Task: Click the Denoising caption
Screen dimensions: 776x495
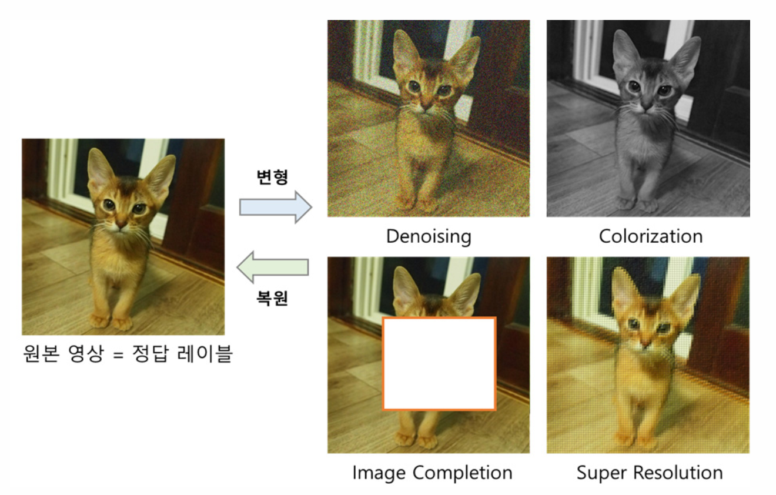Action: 429,236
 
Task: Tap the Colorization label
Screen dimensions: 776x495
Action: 651,236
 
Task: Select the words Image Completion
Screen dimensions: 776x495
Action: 432,473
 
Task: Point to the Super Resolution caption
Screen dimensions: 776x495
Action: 650,473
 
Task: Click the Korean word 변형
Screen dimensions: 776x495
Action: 272,177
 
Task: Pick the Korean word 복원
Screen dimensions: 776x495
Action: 272,297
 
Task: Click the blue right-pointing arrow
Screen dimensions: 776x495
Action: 276,207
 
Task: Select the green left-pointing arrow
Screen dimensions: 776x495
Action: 273,267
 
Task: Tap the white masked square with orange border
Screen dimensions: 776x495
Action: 439,364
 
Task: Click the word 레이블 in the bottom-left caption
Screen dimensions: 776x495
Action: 205,354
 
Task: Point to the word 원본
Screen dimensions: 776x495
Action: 41,354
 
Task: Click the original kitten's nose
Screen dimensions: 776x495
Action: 121,224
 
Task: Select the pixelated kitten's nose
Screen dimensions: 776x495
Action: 645,343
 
